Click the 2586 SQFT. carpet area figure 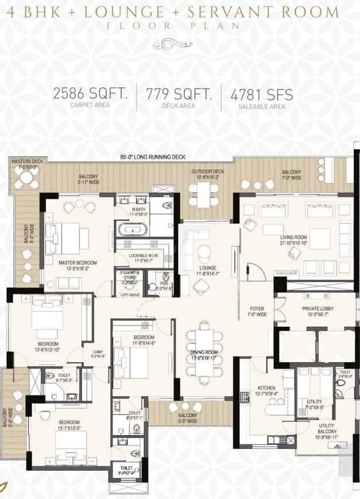90,94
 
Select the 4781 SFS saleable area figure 261,94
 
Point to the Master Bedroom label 78,265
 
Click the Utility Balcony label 326,428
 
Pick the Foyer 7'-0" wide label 257,311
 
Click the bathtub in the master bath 133,229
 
